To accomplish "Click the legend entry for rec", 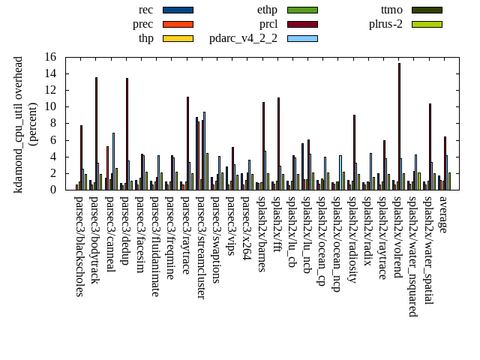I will click(x=146, y=10).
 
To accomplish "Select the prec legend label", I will click(x=142, y=24).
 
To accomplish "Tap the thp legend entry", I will click(x=146, y=38).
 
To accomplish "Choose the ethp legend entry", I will click(x=267, y=10).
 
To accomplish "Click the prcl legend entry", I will click(x=268, y=24).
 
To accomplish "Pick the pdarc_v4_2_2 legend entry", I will click(x=243, y=38).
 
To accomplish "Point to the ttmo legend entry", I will click(x=391, y=10).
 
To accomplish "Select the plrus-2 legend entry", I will click(x=385, y=24).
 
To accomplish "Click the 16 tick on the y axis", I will click(x=50, y=57).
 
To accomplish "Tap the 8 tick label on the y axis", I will click(x=53, y=123).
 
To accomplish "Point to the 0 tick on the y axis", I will click(x=53, y=190).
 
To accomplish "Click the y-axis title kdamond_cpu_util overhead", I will click(x=19, y=124).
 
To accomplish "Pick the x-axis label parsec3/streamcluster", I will click(x=201, y=247).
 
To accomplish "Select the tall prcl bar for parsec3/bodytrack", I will click(x=96, y=133).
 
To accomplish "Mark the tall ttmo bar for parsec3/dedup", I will click(x=127, y=133).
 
